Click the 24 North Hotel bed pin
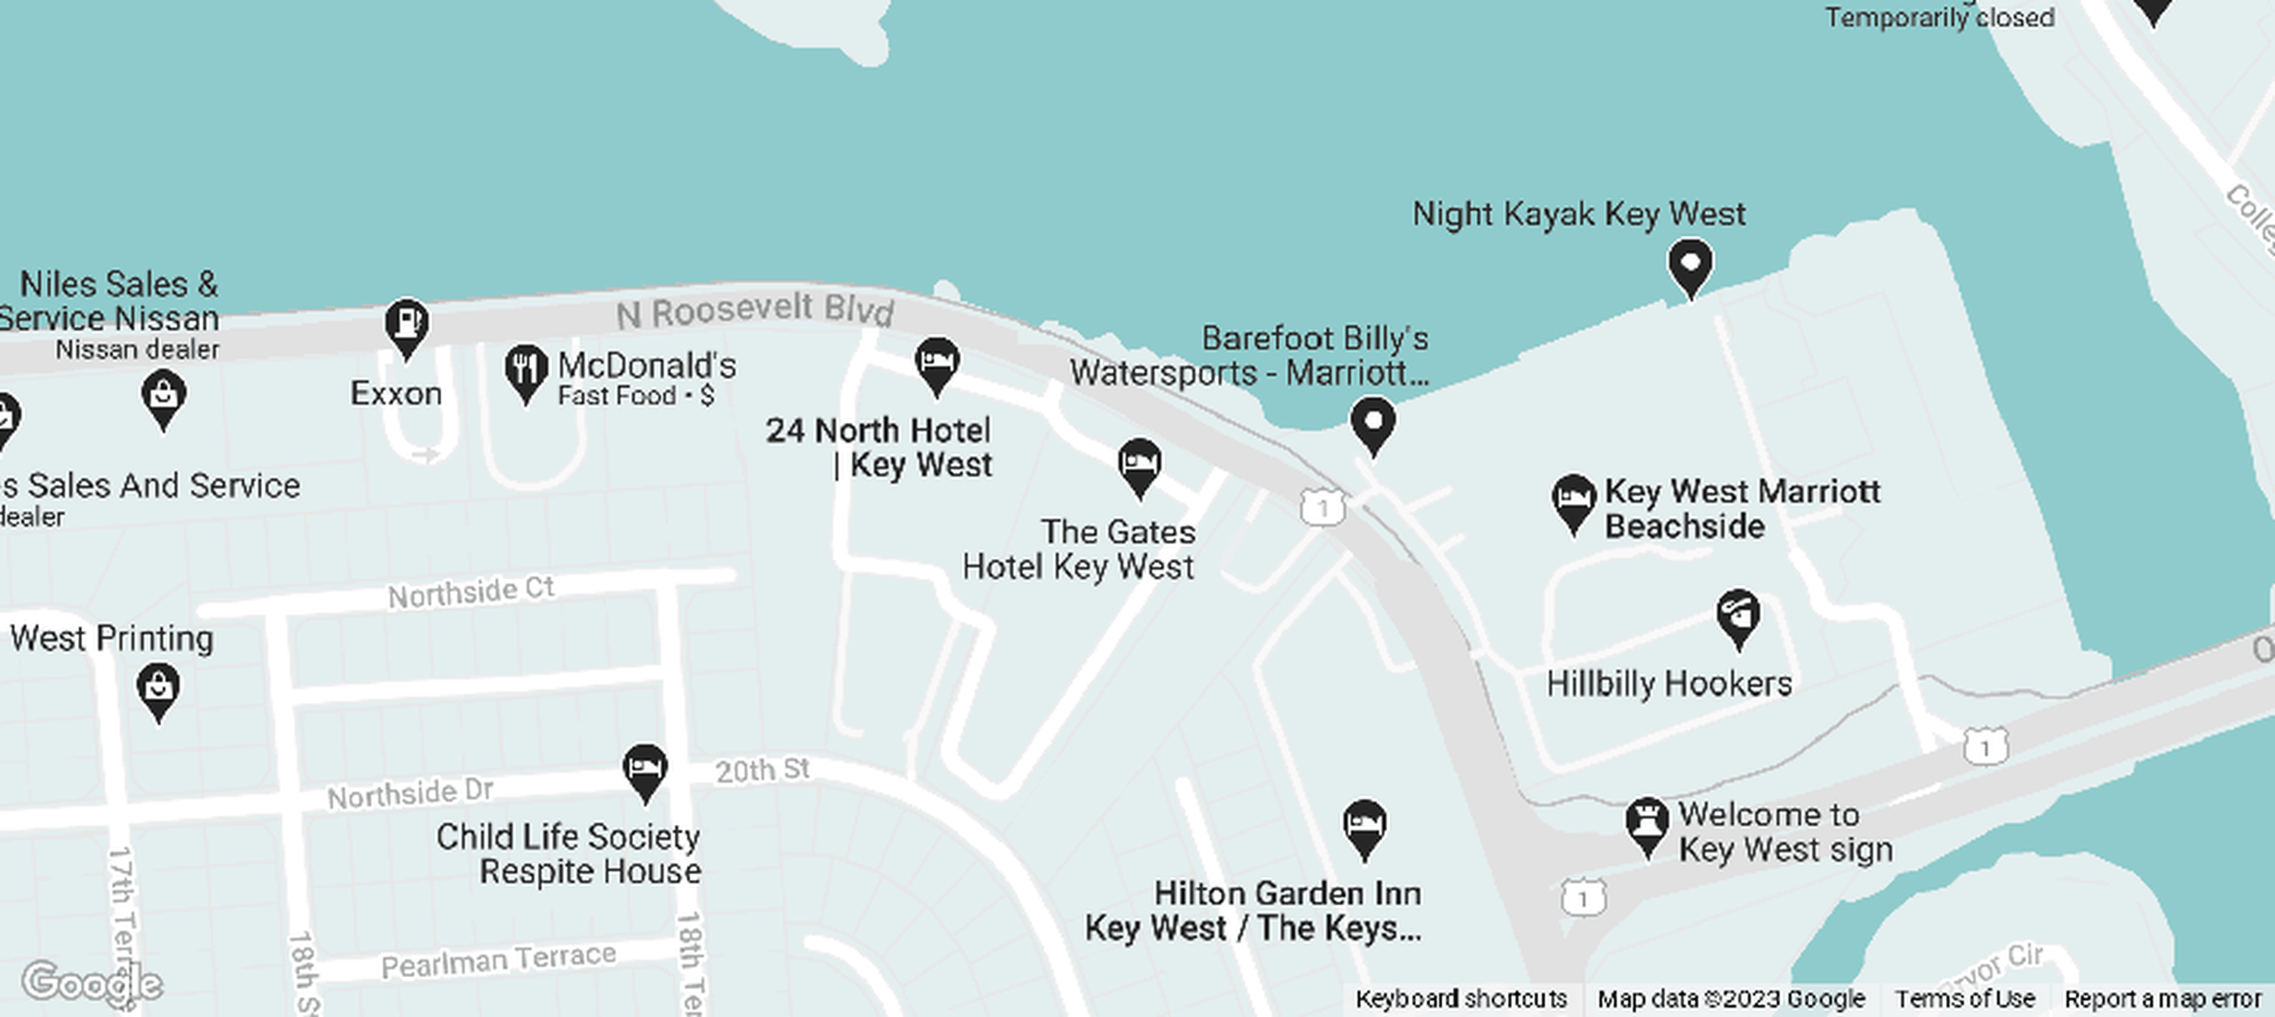point(936,362)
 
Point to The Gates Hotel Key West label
point(1079,549)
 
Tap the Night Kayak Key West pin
point(1690,265)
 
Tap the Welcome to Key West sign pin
point(1646,823)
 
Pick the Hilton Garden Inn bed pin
point(1364,826)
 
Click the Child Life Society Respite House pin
point(645,769)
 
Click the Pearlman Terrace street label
point(498,961)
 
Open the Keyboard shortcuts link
point(1461,999)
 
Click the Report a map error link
point(2162,999)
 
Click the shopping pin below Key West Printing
point(158,688)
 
